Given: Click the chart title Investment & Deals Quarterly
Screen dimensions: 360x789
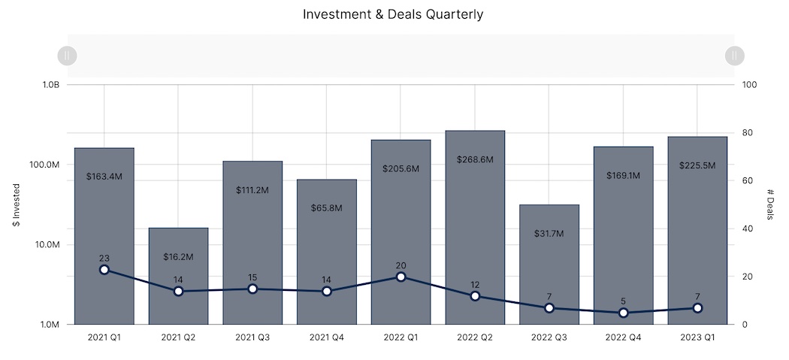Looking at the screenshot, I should pos(393,14).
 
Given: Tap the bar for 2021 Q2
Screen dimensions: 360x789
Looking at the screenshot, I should pos(178,286).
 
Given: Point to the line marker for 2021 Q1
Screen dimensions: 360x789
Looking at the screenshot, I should pos(104,270).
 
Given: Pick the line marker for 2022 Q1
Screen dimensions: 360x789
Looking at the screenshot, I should pos(401,277).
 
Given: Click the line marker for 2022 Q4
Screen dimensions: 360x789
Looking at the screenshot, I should pos(623,313).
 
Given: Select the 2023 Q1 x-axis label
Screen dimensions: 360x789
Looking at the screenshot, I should pos(697,338).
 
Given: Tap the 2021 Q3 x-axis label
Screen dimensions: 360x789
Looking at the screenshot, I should pos(252,338).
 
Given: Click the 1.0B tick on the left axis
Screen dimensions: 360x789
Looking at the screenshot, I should pos(50,85).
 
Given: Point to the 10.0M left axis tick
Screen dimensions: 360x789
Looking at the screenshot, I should pos(47,245).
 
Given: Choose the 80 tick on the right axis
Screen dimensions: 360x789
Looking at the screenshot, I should pos(748,133).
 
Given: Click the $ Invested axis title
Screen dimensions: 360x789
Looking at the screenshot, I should pos(17,204).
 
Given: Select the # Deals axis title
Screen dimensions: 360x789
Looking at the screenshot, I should pos(770,204).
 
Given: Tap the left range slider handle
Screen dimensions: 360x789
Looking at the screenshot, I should pos(68,55).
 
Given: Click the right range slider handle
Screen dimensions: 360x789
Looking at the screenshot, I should pos(735,55).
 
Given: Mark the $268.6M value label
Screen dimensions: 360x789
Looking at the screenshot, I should pos(475,159).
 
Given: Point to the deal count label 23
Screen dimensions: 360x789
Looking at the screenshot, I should pos(104,258).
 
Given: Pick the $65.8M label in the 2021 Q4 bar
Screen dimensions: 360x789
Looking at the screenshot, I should pos(326,207).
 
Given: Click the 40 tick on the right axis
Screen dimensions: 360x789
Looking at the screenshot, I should pos(748,228).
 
